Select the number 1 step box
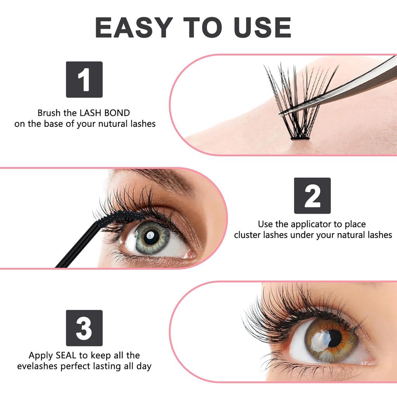(84, 79)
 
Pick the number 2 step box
(312, 196)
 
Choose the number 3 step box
(84, 328)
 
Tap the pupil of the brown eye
(334, 338)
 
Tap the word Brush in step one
(49, 113)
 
